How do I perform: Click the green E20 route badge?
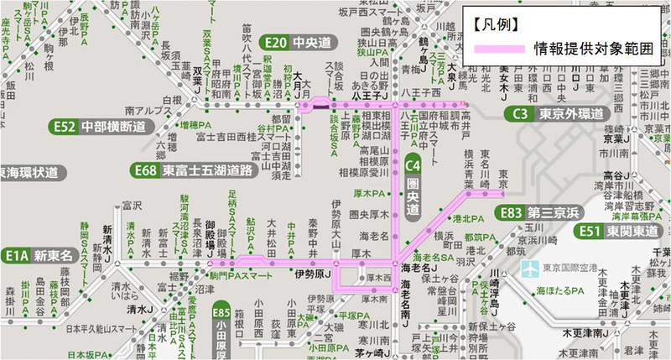coord(275,42)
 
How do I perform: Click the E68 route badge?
coord(147,171)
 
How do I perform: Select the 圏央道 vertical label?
coord(413,197)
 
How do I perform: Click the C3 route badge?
coord(519,114)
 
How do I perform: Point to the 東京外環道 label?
coord(567,114)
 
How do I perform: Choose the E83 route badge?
coord(510,213)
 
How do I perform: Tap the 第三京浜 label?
coord(554,213)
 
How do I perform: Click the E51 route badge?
coord(590,231)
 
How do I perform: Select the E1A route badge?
coord(16,254)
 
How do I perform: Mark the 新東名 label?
coord(52,254)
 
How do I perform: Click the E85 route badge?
coord(221,310)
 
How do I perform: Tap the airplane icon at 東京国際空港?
coord(529,269)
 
